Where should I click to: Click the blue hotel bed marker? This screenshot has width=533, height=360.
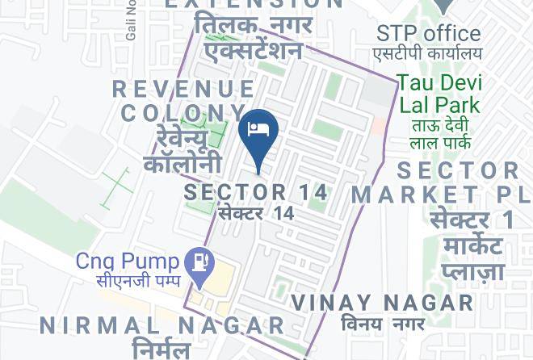[x=259, y=131]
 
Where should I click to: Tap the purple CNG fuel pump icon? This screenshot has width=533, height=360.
[x=198, y=262]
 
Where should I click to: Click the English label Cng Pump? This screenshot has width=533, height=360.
[x=127, y=262]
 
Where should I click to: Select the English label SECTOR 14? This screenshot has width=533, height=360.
[x=256, y=192]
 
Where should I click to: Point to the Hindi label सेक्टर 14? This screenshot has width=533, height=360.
[x=255, y=213]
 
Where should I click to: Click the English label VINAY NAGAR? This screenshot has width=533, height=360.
[x=382, y=303]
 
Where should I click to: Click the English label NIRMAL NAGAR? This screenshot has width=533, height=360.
[x=162, y=325]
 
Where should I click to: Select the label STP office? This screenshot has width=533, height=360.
[x=429, y=34]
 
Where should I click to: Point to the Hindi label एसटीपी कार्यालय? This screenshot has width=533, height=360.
[x=427, y=53]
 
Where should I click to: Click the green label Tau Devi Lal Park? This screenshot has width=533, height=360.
[x=439, y=94]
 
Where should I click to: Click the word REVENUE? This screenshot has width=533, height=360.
[x=184, y=89]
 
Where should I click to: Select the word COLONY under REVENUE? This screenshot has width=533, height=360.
[x=183, y=112]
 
